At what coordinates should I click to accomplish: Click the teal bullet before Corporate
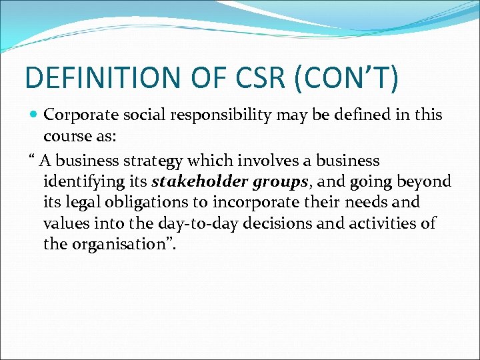pyautogui.click(x=33, y=115)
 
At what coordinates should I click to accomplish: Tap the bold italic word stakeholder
pyautogui.click(x=191, y=181)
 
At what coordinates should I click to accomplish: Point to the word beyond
pyautogui.click(x=424, y=181)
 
